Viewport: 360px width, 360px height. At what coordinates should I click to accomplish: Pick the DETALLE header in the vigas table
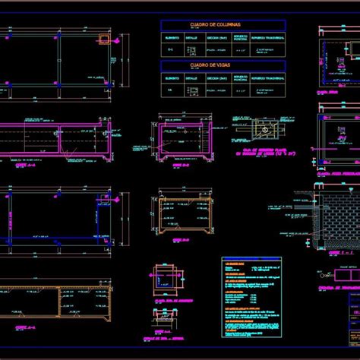click(191, 77)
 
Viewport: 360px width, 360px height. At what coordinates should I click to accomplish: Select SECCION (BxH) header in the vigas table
click(216, 77)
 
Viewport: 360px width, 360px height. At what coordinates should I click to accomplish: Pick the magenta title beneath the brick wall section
click(333, 251)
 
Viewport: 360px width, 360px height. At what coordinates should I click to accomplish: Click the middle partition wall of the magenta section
click(59, 141)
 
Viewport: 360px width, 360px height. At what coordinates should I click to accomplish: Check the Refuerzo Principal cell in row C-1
click(241, 50)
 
